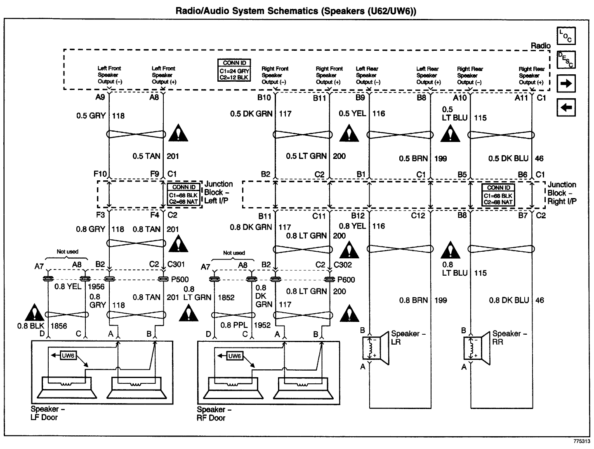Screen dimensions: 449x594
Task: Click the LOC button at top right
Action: (x=566, y=36)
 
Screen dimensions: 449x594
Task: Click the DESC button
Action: (x=566, y=60)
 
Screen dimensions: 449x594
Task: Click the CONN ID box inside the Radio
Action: (x=234, y=70)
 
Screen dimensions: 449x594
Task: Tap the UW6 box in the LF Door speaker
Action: (x=68, y=355)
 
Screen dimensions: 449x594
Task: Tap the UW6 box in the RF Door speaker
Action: (x=234, y=356)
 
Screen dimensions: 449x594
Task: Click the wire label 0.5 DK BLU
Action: (x=508, y=158)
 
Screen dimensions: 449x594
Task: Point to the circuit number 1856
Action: (x=59, y=326)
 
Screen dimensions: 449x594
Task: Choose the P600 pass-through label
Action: (x=346, y=280)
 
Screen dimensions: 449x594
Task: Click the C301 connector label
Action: (x=176, y=265)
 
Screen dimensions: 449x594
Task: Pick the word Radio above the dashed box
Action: (x=540, y=45)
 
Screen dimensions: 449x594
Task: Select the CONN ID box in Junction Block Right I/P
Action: (x=499, y=195)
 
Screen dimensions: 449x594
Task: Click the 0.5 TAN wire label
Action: (x=144, y=156)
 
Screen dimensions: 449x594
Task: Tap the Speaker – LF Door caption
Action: (x=45, y=413)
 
